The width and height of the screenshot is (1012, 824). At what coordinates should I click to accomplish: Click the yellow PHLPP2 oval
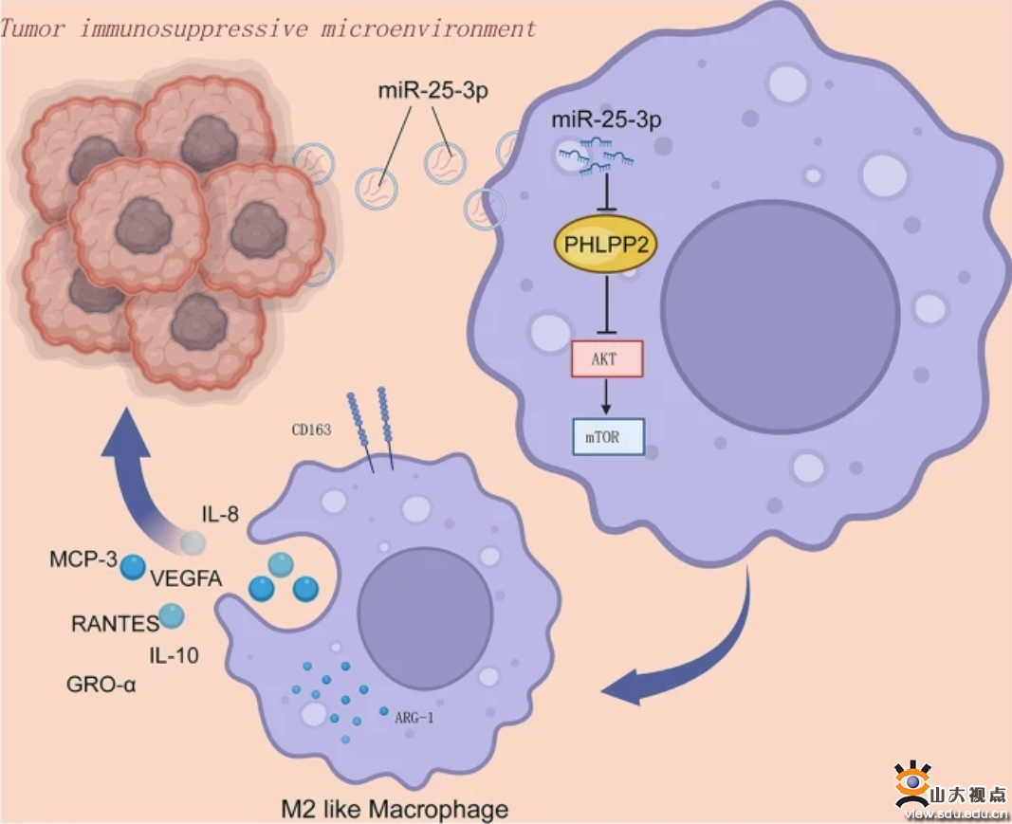tap(605, 246)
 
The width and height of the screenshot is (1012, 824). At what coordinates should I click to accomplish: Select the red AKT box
tap(607, 358)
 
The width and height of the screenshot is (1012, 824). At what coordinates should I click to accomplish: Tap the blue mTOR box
tap(608, 437)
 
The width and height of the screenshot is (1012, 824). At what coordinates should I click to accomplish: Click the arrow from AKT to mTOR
tap(605, 397)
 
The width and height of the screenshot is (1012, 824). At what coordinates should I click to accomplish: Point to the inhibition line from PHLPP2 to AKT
tap(606, 304)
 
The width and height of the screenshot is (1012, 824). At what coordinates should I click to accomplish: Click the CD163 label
tap(311, 430)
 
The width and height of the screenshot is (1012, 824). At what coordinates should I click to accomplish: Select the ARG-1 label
tap(414, 717)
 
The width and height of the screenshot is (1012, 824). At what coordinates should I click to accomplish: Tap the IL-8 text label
tap(220, 514)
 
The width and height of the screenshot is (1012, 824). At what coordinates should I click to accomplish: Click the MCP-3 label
tap(83, 558)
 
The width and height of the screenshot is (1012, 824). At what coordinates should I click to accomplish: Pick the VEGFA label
tap(186, 578)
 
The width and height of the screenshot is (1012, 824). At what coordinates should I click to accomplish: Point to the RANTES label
tap(115, 623)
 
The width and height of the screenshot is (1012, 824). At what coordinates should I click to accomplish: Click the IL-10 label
tap(174, 655)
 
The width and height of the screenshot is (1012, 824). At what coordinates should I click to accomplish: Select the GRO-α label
tap(101, 684)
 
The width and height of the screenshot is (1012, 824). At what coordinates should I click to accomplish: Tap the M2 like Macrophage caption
tap(395, 809)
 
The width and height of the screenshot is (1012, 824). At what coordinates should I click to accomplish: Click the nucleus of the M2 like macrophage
tap(425, 617)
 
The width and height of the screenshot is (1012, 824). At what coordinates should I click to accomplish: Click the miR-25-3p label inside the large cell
tap(606, 119)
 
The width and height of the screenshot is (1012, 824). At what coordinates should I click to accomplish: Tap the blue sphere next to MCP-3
tap(133, 566)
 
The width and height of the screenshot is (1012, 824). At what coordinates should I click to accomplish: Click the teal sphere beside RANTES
tap(171, 615)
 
